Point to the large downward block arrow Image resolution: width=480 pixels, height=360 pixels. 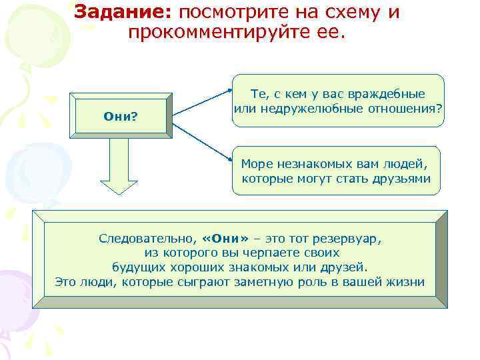coord(119,167)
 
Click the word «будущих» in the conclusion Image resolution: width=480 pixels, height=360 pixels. coord(135,267)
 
